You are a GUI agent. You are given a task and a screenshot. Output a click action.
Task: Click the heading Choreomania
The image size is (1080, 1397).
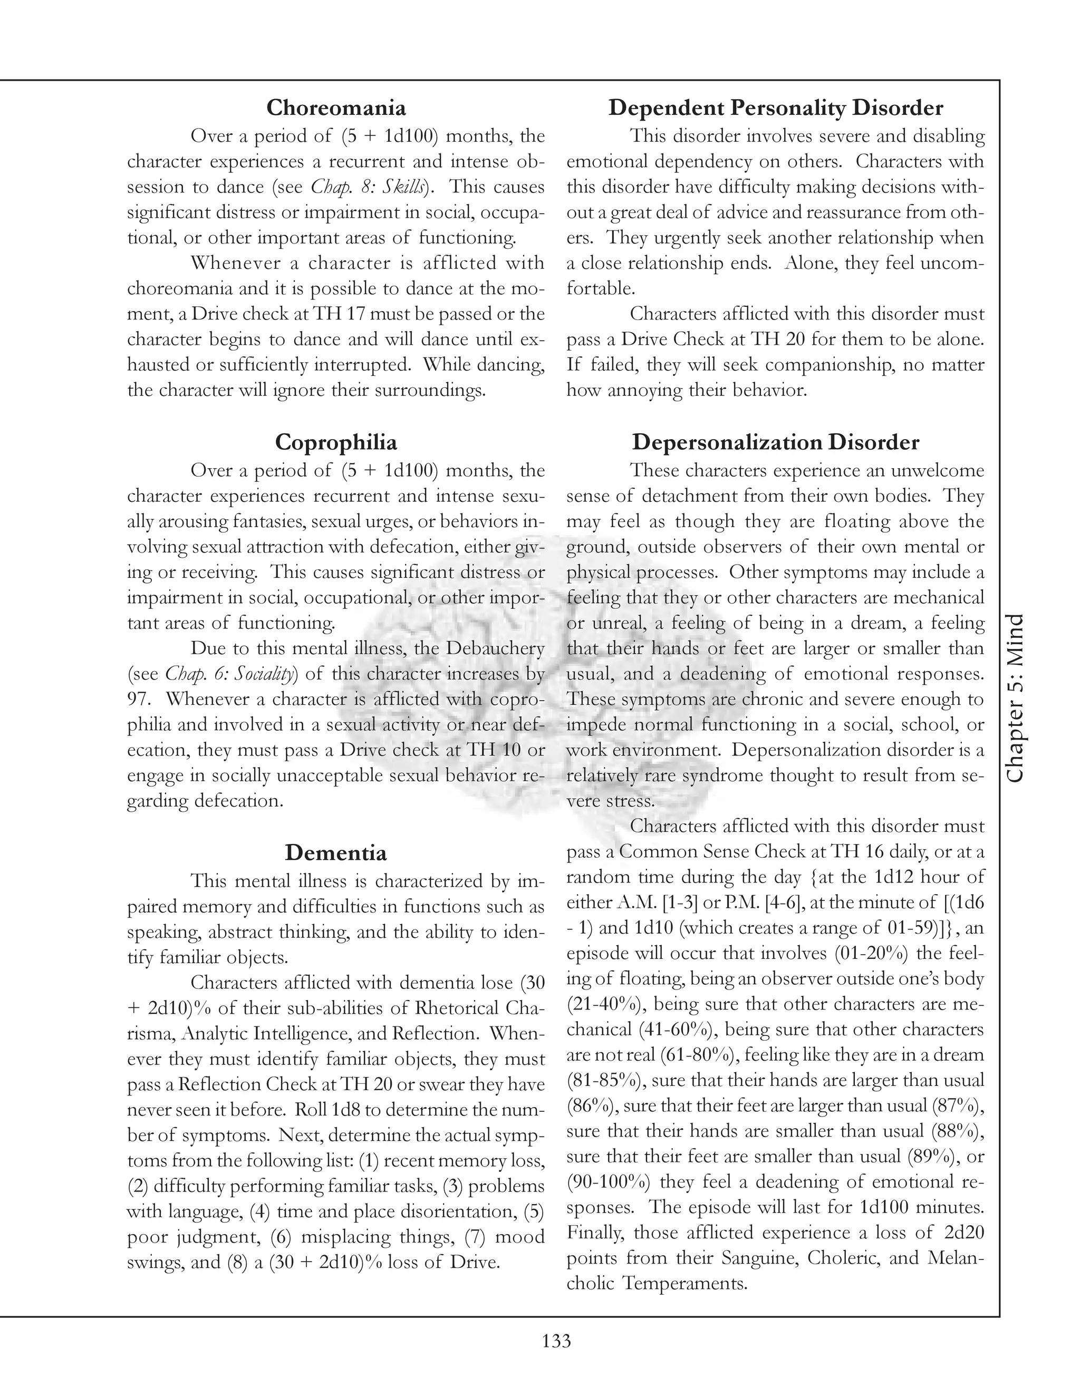[x=336, y=108]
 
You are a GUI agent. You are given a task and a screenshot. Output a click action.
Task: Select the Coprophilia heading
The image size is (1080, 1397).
[x=336, y=442]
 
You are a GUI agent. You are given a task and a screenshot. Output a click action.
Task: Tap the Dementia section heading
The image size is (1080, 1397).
[x=336, y=852]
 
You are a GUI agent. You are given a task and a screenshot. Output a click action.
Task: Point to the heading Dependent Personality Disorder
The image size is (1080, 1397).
[x=775, y=108]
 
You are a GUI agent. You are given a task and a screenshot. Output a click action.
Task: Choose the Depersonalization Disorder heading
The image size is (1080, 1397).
[x=775, y=442]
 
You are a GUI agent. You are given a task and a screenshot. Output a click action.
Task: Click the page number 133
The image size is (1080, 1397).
[x=556, y=1341]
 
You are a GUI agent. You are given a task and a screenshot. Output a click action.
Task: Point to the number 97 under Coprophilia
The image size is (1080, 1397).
[x=138, y=699]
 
